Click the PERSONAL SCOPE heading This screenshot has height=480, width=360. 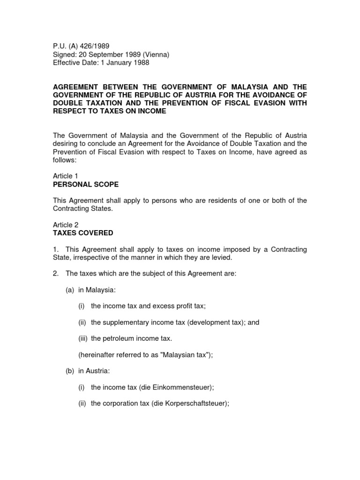click(x=85, y=184)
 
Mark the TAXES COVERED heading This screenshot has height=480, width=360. click(x=82, y=233)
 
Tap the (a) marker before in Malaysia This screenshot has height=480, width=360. click(x=70, y=290)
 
